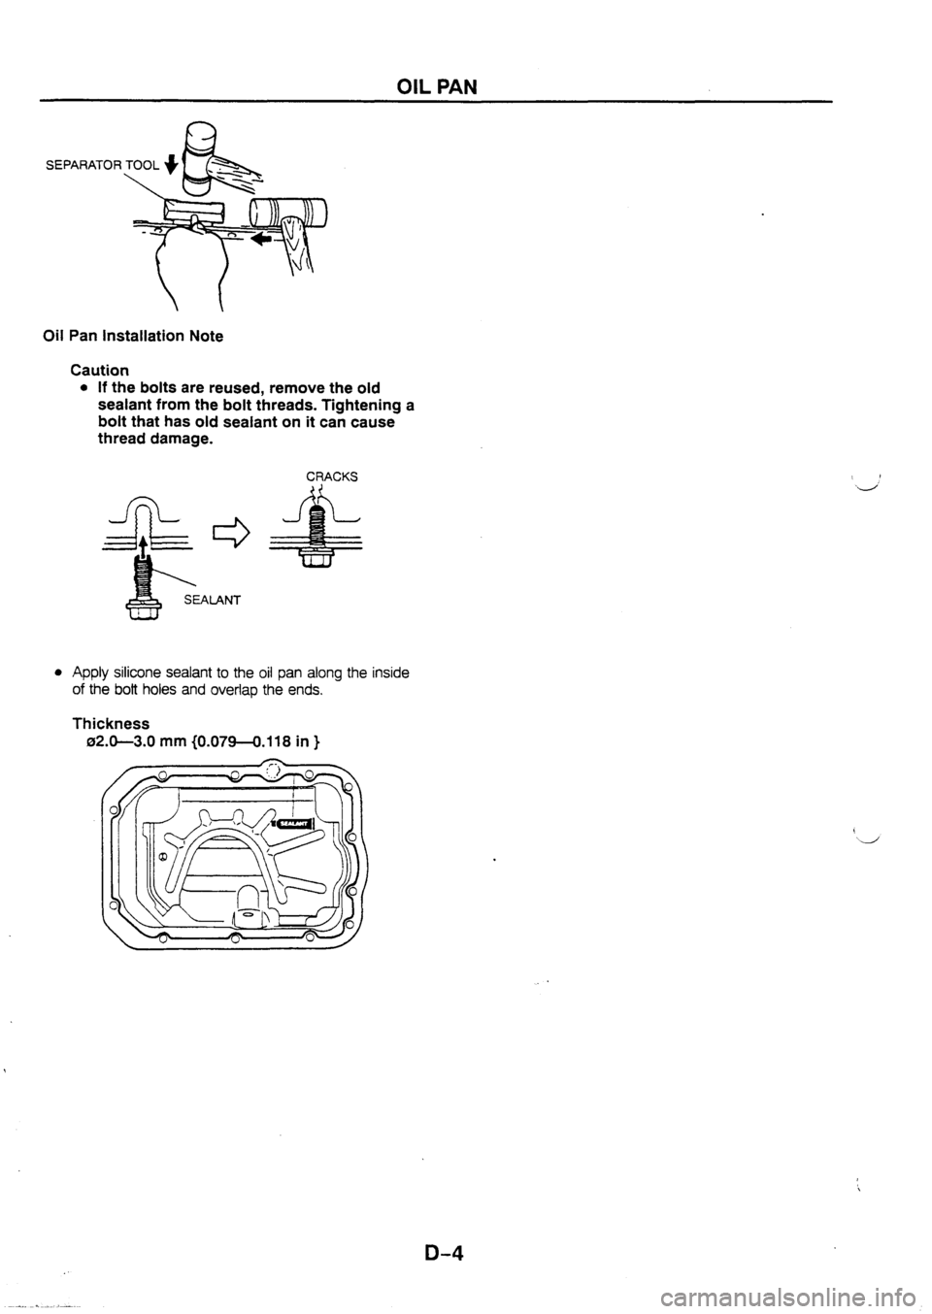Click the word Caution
[100, 369]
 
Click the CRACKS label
[332, 476]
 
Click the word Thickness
[112, 724]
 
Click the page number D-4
[444, 1252]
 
